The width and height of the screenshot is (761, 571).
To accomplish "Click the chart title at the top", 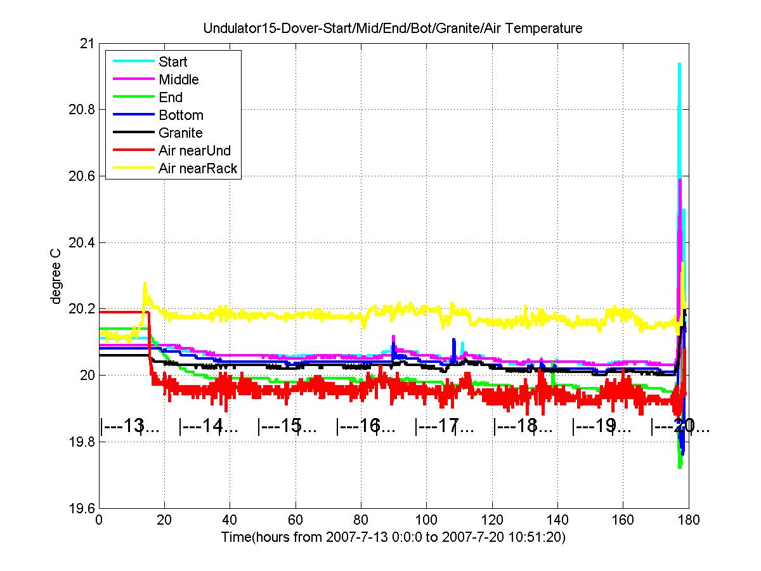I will click(x=393, y=29).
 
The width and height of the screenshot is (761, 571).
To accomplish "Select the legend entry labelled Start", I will click(x=172, y=62).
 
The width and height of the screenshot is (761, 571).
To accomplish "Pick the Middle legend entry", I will click(x=178, y=80).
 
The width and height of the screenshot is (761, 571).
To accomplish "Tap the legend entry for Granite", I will click(x=180, y=133).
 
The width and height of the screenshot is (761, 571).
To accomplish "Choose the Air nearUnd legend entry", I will click(x=195, y=151).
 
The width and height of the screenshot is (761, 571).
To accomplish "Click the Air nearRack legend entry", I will click(x=198, y=168).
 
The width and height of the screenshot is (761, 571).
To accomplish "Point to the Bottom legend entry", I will click(x=181, y=115).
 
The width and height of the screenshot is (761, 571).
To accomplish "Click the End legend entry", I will click(x=171, y=98).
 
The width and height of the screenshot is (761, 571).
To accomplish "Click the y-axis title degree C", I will click(x=56, y=276).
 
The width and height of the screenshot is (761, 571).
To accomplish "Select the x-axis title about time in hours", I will click(x=393, y=537).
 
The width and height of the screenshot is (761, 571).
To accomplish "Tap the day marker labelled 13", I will click(x=130, y=427).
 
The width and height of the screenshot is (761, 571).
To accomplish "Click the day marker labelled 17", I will click(x=444, y=427).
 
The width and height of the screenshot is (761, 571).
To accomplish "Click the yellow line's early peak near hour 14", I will click(x=145, y=284).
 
